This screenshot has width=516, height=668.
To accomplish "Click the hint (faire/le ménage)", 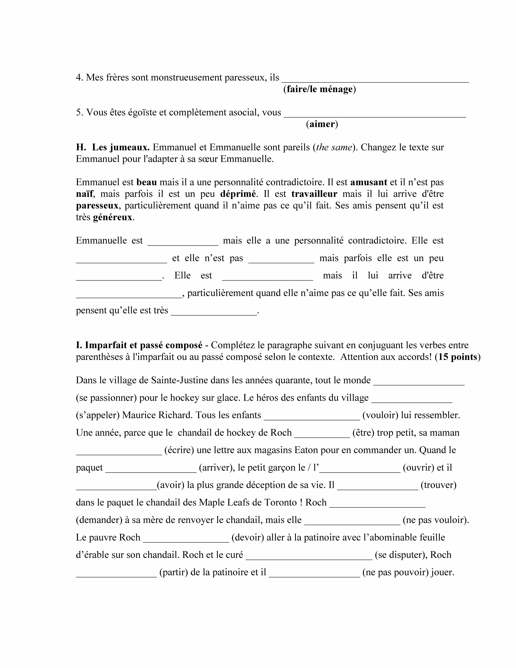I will click(x=319, y=89).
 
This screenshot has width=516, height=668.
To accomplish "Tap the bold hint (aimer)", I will click(x=322, y=124).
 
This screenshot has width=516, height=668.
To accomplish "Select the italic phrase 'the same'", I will click(x=334, y=147).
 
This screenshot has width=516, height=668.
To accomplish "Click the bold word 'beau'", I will click(x=147, y=182).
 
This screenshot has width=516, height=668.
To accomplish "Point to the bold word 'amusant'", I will click(x=369, y=182).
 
